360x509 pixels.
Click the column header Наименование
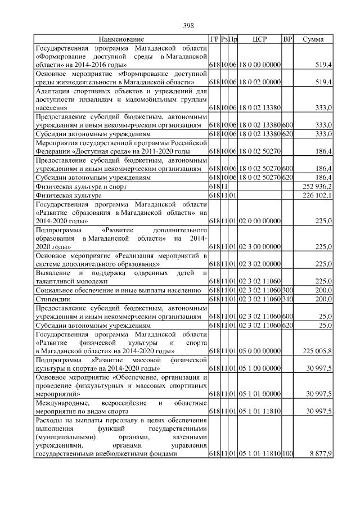tap(121, 40)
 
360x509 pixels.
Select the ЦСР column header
tap(259, 40)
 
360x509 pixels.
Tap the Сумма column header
tap(313, 40)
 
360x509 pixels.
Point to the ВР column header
tap(287, 40)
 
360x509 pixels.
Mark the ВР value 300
tap(287, 290)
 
